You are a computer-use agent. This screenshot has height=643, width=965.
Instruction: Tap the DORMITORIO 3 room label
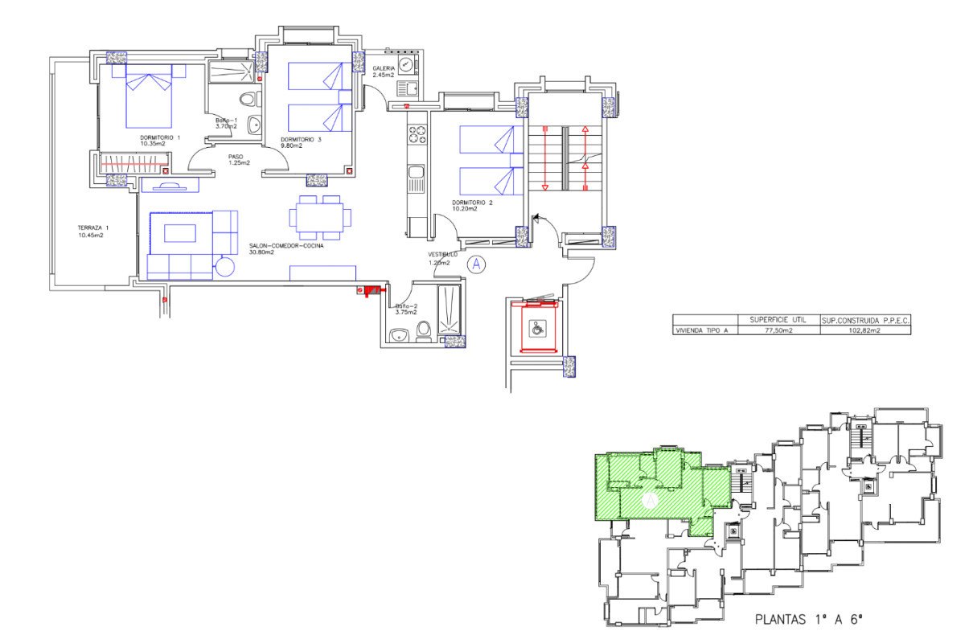click(302, 141)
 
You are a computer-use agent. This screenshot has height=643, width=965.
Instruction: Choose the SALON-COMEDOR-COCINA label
click(273, 248)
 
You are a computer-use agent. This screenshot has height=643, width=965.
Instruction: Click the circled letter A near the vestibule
click(477, 263)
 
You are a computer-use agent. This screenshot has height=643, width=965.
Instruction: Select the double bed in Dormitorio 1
click(150, 99)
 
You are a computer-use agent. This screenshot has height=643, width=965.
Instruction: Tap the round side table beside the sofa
click(224, 266)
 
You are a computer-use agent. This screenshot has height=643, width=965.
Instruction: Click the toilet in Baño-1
click(250, 100)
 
